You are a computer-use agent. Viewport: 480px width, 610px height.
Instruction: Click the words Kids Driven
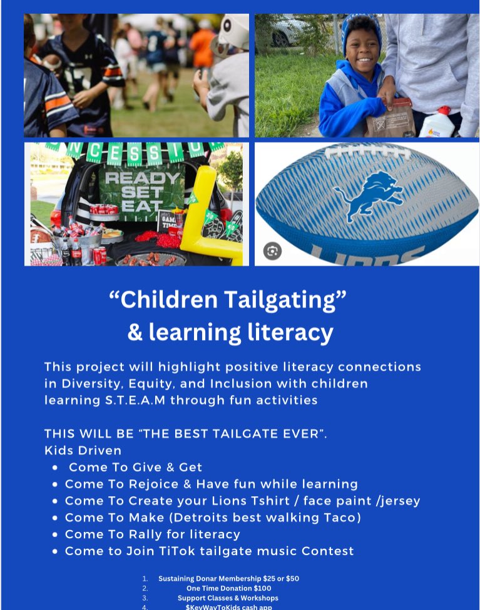point(83,450)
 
